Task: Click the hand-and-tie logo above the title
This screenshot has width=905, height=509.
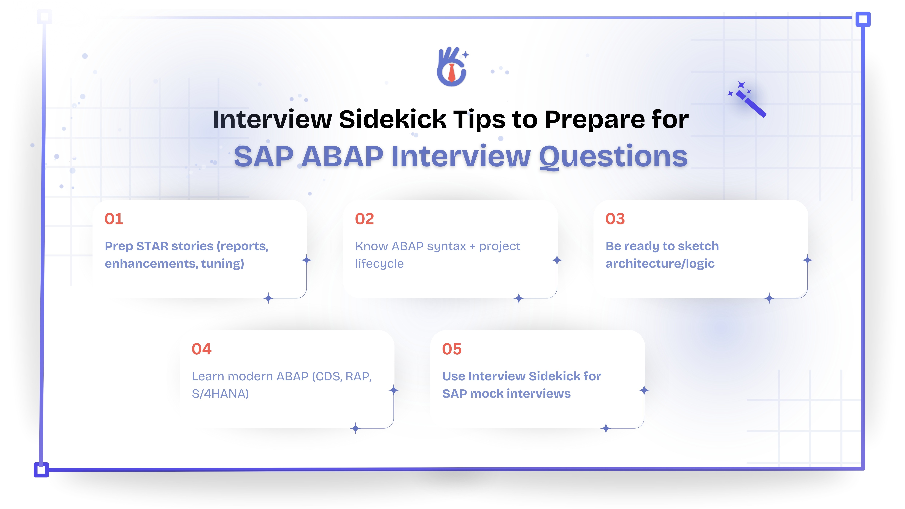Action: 452,67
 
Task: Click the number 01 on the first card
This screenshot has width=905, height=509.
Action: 114,219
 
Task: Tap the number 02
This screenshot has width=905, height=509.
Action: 364,219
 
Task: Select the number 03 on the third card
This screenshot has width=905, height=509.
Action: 615,219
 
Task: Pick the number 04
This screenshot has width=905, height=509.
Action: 202,349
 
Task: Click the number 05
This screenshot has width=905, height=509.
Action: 452,349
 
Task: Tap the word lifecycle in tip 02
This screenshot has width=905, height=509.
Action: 379,263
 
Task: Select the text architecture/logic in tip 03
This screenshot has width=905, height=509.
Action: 660,263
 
